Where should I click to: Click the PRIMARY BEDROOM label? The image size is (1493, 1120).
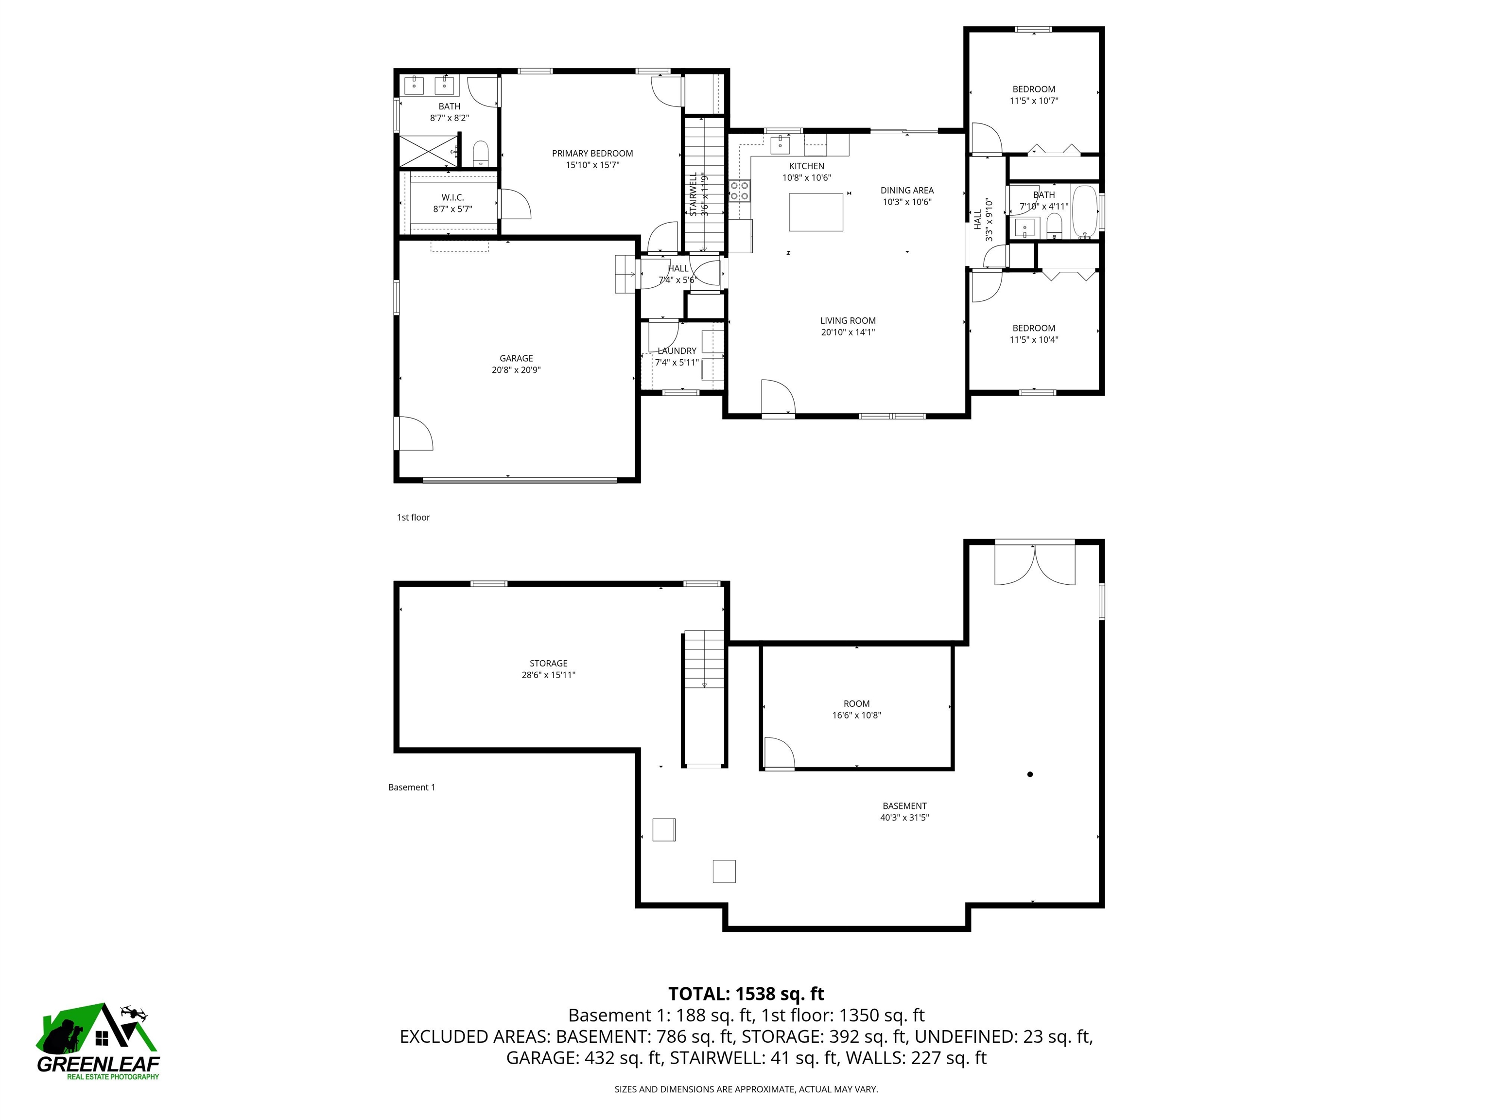coord(592,153)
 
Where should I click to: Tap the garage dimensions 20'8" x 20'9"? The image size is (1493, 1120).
coord(516,370)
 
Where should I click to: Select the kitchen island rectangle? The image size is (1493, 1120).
coord(816,212)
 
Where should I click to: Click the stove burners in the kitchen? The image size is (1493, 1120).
coord(739,191)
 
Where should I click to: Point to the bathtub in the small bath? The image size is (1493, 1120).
coord(1085,211)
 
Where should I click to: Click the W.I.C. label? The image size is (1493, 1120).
coord(452,197)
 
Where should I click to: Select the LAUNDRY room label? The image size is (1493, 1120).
coord(677,351)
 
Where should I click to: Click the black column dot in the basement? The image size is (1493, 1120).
coord(1029,774)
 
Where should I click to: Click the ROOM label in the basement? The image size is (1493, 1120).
coord(856,703)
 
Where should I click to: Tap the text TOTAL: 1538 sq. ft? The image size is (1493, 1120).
coord(746,994)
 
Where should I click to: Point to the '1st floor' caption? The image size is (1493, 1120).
coord(413,517)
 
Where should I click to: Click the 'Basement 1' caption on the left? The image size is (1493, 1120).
coord(411,787)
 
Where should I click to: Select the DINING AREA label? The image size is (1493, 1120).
coord(906,191)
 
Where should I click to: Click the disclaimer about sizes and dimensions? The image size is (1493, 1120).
coord(746,1089)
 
